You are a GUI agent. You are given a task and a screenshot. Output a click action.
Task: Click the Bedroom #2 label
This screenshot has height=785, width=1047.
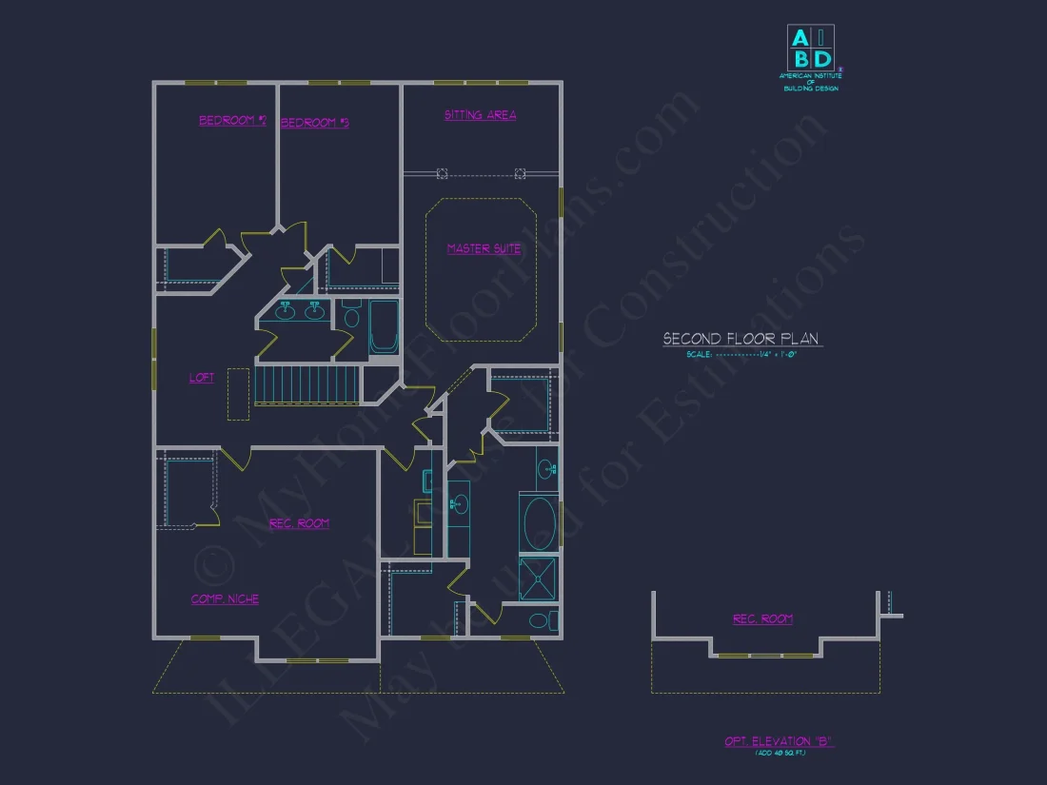232,121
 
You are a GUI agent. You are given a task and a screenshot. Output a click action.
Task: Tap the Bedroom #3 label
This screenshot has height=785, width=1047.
315,123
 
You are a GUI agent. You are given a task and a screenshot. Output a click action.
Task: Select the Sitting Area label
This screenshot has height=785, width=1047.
481,115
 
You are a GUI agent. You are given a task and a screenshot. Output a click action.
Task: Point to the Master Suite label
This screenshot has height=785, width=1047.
484,249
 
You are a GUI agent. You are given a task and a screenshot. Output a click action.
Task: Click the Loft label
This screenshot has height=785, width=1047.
202,378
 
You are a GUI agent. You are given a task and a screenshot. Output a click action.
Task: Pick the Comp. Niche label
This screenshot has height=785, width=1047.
225,599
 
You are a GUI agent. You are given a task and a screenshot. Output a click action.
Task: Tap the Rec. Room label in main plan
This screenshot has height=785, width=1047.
299,523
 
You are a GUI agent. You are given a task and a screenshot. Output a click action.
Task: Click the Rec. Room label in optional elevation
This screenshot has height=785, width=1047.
762,619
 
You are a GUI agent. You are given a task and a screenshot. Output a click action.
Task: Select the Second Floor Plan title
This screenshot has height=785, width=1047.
741,339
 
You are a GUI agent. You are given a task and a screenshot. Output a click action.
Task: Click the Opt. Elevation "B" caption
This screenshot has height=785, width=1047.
779,741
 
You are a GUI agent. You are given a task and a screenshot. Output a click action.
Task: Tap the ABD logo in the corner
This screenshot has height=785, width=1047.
810,48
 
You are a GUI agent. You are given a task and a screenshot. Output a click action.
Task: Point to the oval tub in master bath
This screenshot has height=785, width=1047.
539,522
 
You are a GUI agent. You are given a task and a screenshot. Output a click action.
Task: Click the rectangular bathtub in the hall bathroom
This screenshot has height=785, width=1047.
385,326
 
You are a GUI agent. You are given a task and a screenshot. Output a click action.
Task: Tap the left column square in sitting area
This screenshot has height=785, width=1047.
442,173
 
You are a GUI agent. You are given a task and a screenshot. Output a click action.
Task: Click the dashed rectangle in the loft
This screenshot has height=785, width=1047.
238,396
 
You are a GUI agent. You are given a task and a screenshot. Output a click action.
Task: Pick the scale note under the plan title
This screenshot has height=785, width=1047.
741,355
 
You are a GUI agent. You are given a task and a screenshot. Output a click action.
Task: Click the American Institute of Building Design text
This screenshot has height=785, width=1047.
810,82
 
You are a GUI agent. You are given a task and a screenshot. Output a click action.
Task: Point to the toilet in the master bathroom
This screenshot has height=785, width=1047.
540,621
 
